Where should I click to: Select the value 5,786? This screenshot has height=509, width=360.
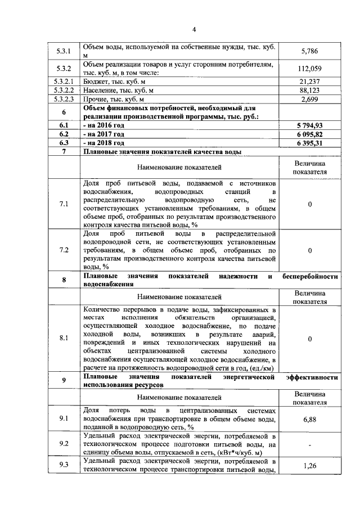pyautogui.click(x=309, y=51)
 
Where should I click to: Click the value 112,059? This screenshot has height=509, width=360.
pyautogui.click(x=309, y=69)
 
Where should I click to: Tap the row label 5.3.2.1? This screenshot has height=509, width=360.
pyautogui.click(x=64, y=81)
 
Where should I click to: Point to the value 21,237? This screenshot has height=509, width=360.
pyautogui.click(x=309, y=81)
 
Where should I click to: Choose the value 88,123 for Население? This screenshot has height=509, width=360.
pyautogui.click(x=309, y=90)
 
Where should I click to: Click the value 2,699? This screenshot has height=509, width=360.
pyautogui.click(x=309, y=99)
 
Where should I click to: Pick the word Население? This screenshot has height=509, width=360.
pyautogui.click(x=100, y=90)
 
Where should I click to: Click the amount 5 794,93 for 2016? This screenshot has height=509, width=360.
pyautogui.click(x=309, y=125)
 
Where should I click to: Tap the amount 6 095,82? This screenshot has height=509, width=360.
pyautogui.click(x=309, y=134)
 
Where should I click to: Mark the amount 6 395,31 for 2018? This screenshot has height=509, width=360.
pyautogui.click(x=309, y=143)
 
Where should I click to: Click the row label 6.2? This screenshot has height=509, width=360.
pyautogui.click(x=64, y=134)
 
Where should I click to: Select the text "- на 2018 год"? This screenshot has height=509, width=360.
pyautogui.click(x=103, y=143)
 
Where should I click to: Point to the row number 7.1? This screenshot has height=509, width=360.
pyautogui.click(x=64, y=204)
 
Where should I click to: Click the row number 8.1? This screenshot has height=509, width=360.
pyautogui.click(x=64, y=338)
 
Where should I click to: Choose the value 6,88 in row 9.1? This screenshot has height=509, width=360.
pyautogui.click(x=309, y=419)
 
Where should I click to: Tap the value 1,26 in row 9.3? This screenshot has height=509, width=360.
pyautogui.click(x=309, y=465)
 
